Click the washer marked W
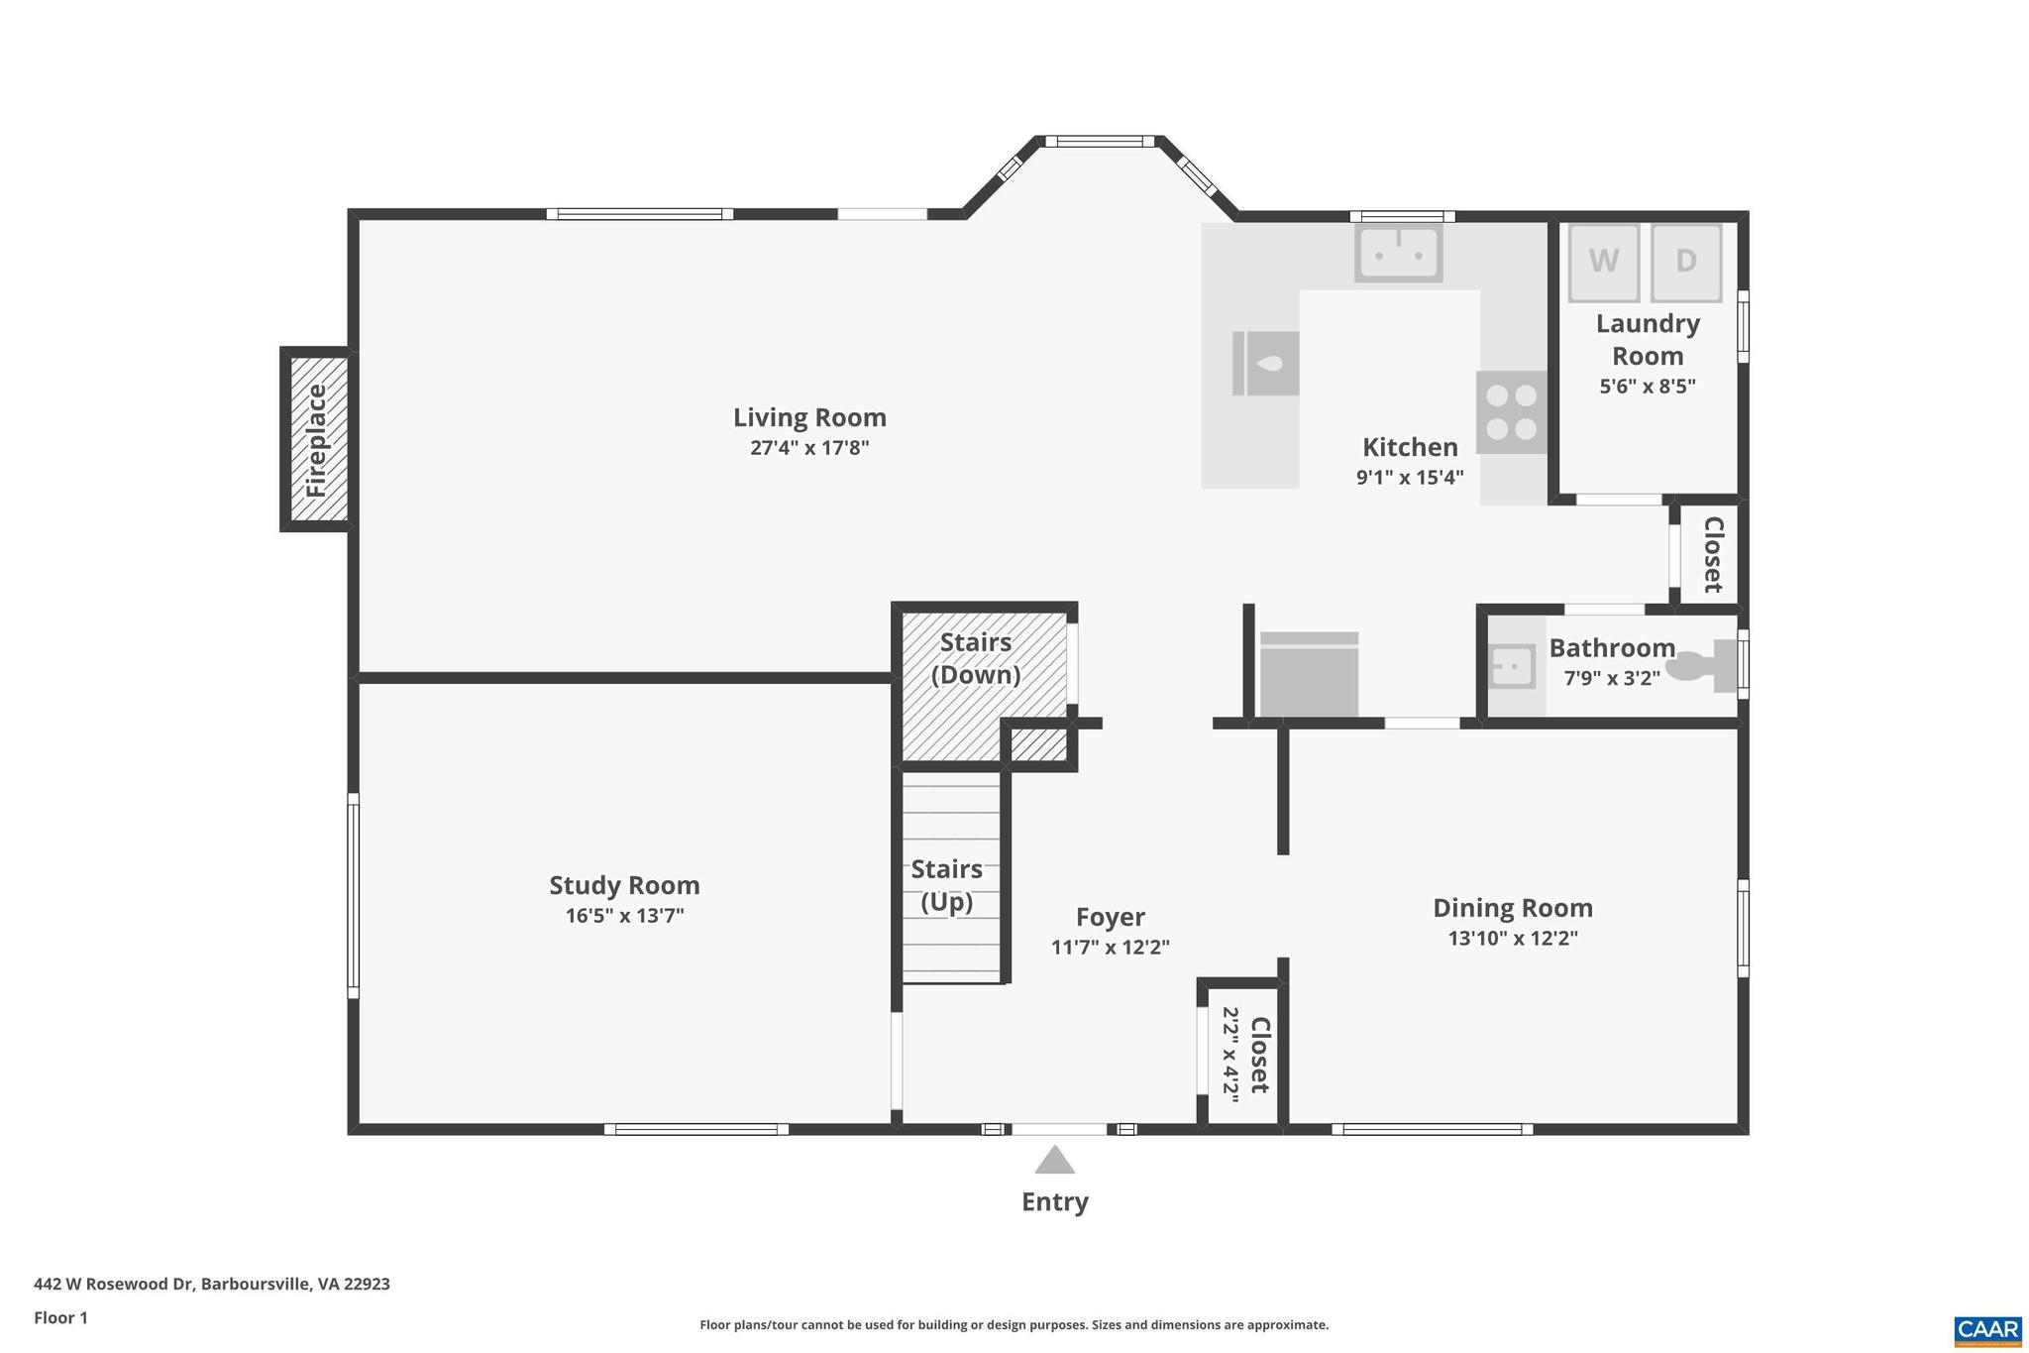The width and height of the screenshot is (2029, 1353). click(x=1603, y=263)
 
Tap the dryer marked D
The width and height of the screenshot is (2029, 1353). click(x=1686, y=263)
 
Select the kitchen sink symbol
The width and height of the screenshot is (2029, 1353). click(x=1398, y=253)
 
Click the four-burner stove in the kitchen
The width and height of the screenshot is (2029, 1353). click(x=1512, y=412)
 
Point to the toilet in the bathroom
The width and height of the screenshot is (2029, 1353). click(x=1705, y=665)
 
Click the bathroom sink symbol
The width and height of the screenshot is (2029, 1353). click(x=1512, y=666)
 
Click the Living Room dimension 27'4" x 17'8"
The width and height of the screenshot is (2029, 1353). click(x=809, y=448)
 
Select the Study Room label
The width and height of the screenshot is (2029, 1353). click(x=624, y=885)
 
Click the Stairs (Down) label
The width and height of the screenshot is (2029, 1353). click(x=976, y=658)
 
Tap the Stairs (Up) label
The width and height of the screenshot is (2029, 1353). click(x=947, y=885)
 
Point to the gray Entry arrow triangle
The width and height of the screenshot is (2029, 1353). click(x=1054, y=1161)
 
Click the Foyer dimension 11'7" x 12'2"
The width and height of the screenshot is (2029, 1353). click(x=1110, y=947)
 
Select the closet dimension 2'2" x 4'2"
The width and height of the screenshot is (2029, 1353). click(x=1230, y=1055)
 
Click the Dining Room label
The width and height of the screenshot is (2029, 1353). click(x=1513, y=908)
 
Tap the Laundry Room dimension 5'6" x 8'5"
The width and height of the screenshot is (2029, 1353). click(x=1648, y=387)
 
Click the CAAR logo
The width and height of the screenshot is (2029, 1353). click(x=1987, y=1330)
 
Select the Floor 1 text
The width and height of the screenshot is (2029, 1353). click(x=61, y=1317)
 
